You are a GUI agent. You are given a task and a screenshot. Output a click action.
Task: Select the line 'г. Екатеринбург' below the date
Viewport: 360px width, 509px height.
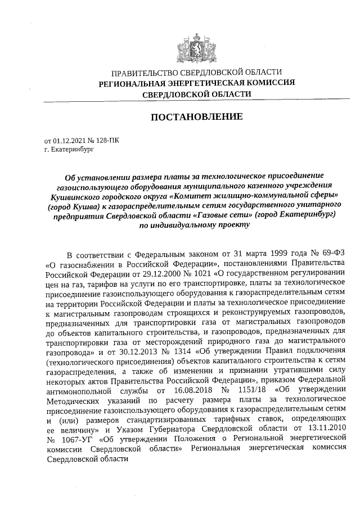point(67,151)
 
